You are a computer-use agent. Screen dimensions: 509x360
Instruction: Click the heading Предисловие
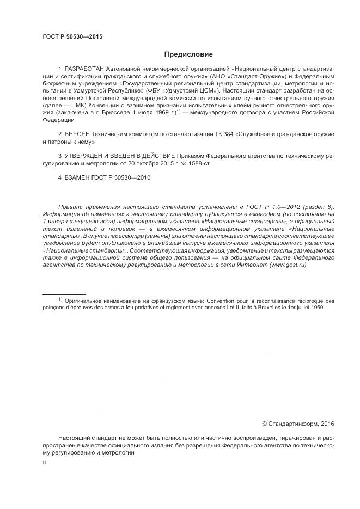click(188, 54)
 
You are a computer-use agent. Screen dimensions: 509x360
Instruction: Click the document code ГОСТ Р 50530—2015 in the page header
click(72, 37)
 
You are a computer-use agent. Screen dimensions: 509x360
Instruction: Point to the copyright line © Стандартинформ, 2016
click(298, 423)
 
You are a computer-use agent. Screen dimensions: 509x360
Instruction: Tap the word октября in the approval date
click(147, 163)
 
